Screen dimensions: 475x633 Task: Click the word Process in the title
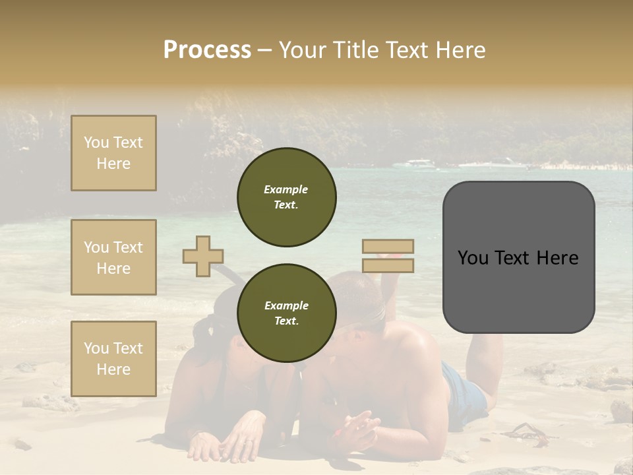pyautogui.click(x=207, y=50)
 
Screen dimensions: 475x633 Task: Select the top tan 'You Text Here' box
pyautogui.click(x=113, y=153)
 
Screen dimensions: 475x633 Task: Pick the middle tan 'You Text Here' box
pyautogui.click(x=113, y=257)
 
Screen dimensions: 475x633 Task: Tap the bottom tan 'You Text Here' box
pyautogui.click(x=113, y=359)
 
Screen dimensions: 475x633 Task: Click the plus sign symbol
pyautogui.click(x=203, y=257)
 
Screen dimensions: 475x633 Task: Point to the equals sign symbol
pyautogui.click(x=388, y=256)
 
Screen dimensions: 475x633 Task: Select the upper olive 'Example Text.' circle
pyautogui.click(x=287, y=197)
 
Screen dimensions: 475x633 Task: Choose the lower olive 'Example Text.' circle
pyautogui.click(x=287, y=313)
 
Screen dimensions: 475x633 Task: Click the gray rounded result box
pyautogui.click(x=518, y=257)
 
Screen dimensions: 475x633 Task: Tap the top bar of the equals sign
pyautogui.click(x=388, y=247)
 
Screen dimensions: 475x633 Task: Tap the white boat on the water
pyautogui.click(x=420, y=164)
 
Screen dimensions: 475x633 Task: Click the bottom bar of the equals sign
pyautogui.click(x=388, y=266)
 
